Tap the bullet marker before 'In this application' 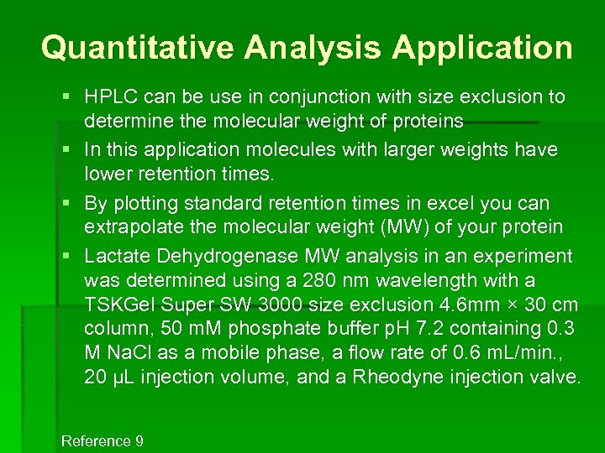tap(66, 149)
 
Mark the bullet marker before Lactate tap(66, 256)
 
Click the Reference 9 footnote tap(103, 441)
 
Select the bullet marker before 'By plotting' tap(66, 203)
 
